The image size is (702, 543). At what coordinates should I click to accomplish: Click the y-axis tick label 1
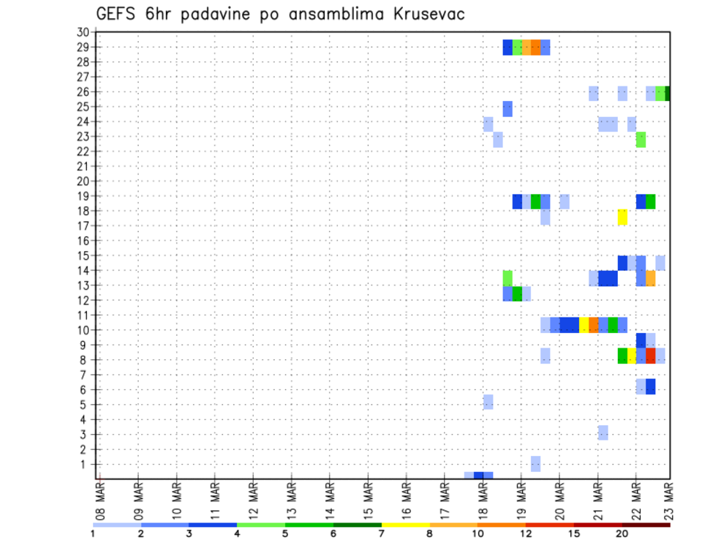(x=85, y=464)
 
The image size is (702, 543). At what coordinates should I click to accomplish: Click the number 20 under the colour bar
(x=622, y=534)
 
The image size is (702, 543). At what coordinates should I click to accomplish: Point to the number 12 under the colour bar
(x=526, y=534)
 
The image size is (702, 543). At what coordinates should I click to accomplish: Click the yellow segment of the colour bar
(x=405, y=525)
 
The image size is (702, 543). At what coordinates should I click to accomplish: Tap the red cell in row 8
(x=651, y=356)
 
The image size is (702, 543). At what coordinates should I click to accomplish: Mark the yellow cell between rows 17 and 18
(x=622, y=217)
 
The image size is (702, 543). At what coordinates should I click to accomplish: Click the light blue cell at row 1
(x=536, y=464)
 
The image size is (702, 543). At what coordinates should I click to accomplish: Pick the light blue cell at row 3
(x=603, y=432)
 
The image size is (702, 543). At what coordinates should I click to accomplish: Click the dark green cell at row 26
(x=668, y=93)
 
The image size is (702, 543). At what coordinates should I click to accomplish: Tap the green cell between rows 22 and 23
(x=641, y=139)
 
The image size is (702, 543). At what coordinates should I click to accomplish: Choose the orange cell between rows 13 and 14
(x=651, y=278)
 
